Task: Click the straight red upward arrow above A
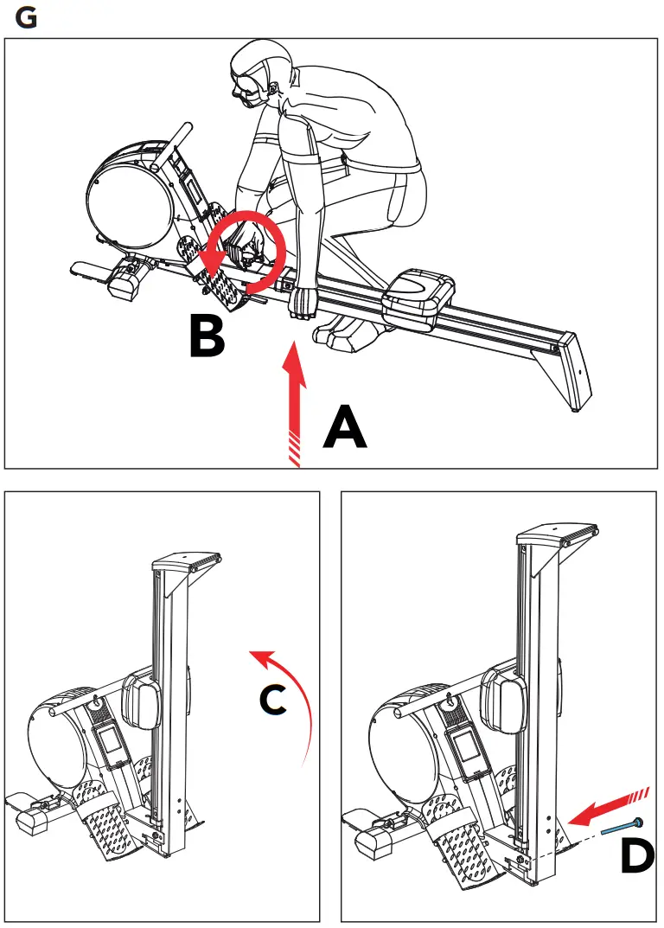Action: (295, 398)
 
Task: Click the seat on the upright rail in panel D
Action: (501, 699)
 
